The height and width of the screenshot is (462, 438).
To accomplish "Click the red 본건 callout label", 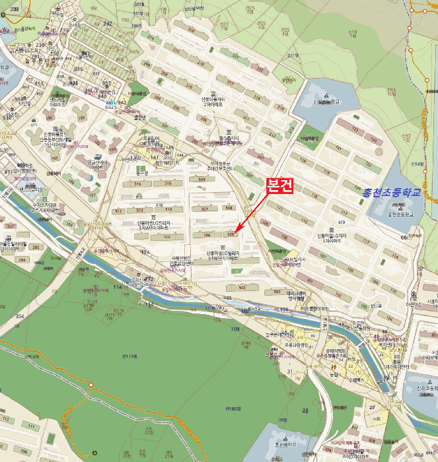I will pyautogui.click(x=277, y=186).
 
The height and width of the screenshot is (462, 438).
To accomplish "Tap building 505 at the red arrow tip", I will pyautogui.click(x=230, y=234).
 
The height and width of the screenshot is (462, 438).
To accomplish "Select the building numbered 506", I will pyautogui.click(x=207, y=234).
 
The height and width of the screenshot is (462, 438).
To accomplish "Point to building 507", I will pyautogui.click(x=205, y=209).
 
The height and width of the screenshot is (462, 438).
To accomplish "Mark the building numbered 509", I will pyautogui.click(x=201, y=179).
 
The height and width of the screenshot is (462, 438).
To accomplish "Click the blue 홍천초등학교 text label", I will pyautogui.click(x=391, y=192).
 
